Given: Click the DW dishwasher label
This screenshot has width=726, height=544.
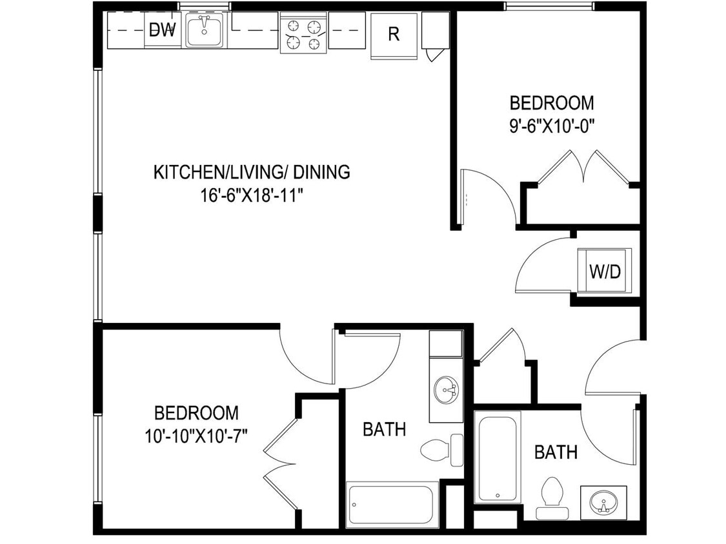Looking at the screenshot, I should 162,30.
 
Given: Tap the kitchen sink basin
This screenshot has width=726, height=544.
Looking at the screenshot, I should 205,32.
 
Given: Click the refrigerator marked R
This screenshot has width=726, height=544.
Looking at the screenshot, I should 392,35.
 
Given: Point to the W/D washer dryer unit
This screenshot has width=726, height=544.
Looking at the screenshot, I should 605,271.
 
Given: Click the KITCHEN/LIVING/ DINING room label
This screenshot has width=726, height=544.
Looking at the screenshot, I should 252,172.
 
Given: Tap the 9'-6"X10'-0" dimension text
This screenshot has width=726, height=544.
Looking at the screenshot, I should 551,125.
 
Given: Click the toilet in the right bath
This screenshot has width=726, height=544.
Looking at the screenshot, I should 550,496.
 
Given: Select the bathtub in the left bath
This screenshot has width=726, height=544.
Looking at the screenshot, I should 392,505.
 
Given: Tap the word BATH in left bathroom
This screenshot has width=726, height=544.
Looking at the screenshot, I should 384,429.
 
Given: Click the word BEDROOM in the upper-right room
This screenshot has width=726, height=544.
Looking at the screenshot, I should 551,103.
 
